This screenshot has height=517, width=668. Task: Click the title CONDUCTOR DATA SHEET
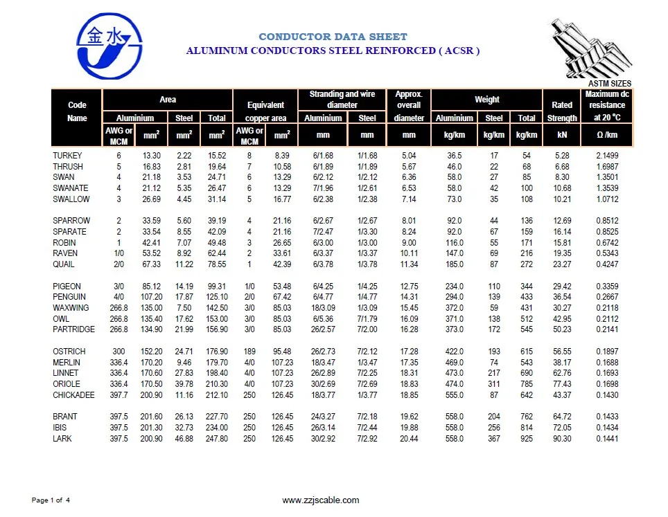333,37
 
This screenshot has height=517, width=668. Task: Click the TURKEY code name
67,156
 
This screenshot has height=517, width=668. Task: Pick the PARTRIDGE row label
73,329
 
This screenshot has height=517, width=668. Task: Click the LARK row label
62,439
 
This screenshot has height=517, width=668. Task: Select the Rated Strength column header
562,111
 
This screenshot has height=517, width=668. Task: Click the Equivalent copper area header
265,111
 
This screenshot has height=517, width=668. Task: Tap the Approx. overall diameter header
409,106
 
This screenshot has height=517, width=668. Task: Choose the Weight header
486,100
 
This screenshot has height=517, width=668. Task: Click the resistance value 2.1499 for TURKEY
608,156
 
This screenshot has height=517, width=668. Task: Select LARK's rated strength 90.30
562,439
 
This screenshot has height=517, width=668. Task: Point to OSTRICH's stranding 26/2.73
323,352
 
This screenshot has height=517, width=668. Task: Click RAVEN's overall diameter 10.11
409,253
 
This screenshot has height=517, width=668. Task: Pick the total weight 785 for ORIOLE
527,384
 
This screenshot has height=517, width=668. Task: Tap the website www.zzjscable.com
321,500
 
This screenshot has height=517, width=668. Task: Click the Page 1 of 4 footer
51,500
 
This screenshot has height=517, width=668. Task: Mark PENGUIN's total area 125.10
217,297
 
